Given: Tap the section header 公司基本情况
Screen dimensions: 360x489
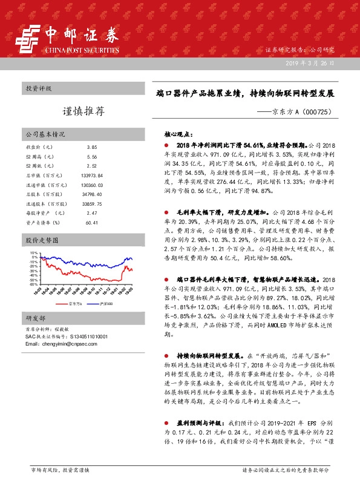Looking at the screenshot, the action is (x=45, y=134).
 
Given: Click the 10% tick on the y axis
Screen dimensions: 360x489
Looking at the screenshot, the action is (x=33, y=253).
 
